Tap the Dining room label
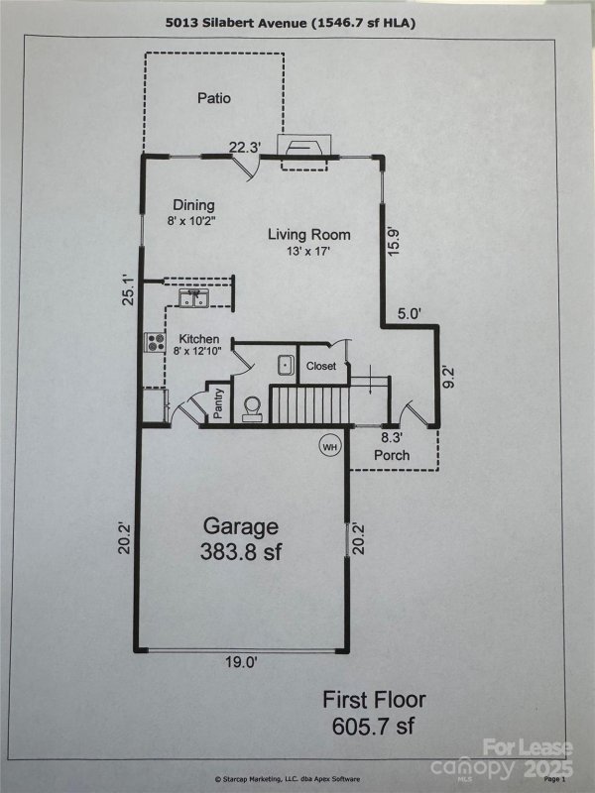[193, 205]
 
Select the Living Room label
[309, 235]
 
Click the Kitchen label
[199, 339]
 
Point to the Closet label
[320, 366]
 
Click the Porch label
[392, 455]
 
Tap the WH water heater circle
[329, 446]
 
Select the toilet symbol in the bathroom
[252, 406]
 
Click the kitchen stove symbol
[156, 343]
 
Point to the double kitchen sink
[191, 297]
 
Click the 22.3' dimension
[244, 147]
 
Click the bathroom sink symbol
[285, 365]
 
